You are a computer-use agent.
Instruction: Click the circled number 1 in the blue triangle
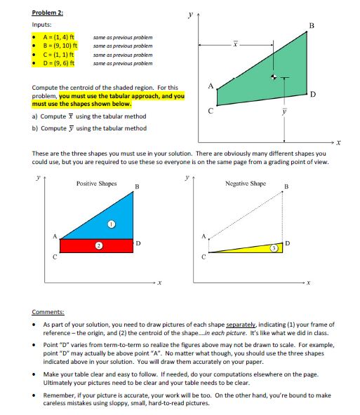click(x=110, y=224)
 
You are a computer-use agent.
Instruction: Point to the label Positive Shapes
click(x=96, y=183)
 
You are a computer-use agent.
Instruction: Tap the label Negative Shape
click(x=245, y=183)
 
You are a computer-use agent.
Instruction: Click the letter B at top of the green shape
click(x=312, y=25)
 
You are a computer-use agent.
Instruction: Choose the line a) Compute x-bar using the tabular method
click(x=89, y=116)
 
